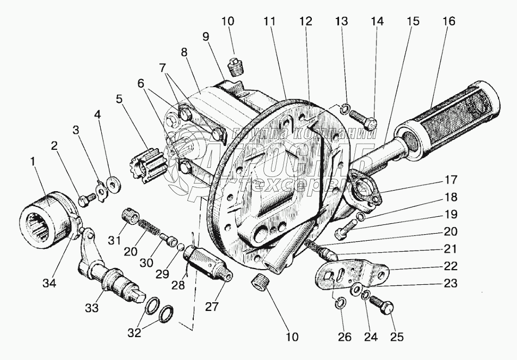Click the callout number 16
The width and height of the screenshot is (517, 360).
448,21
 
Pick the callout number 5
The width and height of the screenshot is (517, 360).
119,100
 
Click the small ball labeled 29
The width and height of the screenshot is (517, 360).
180,247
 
